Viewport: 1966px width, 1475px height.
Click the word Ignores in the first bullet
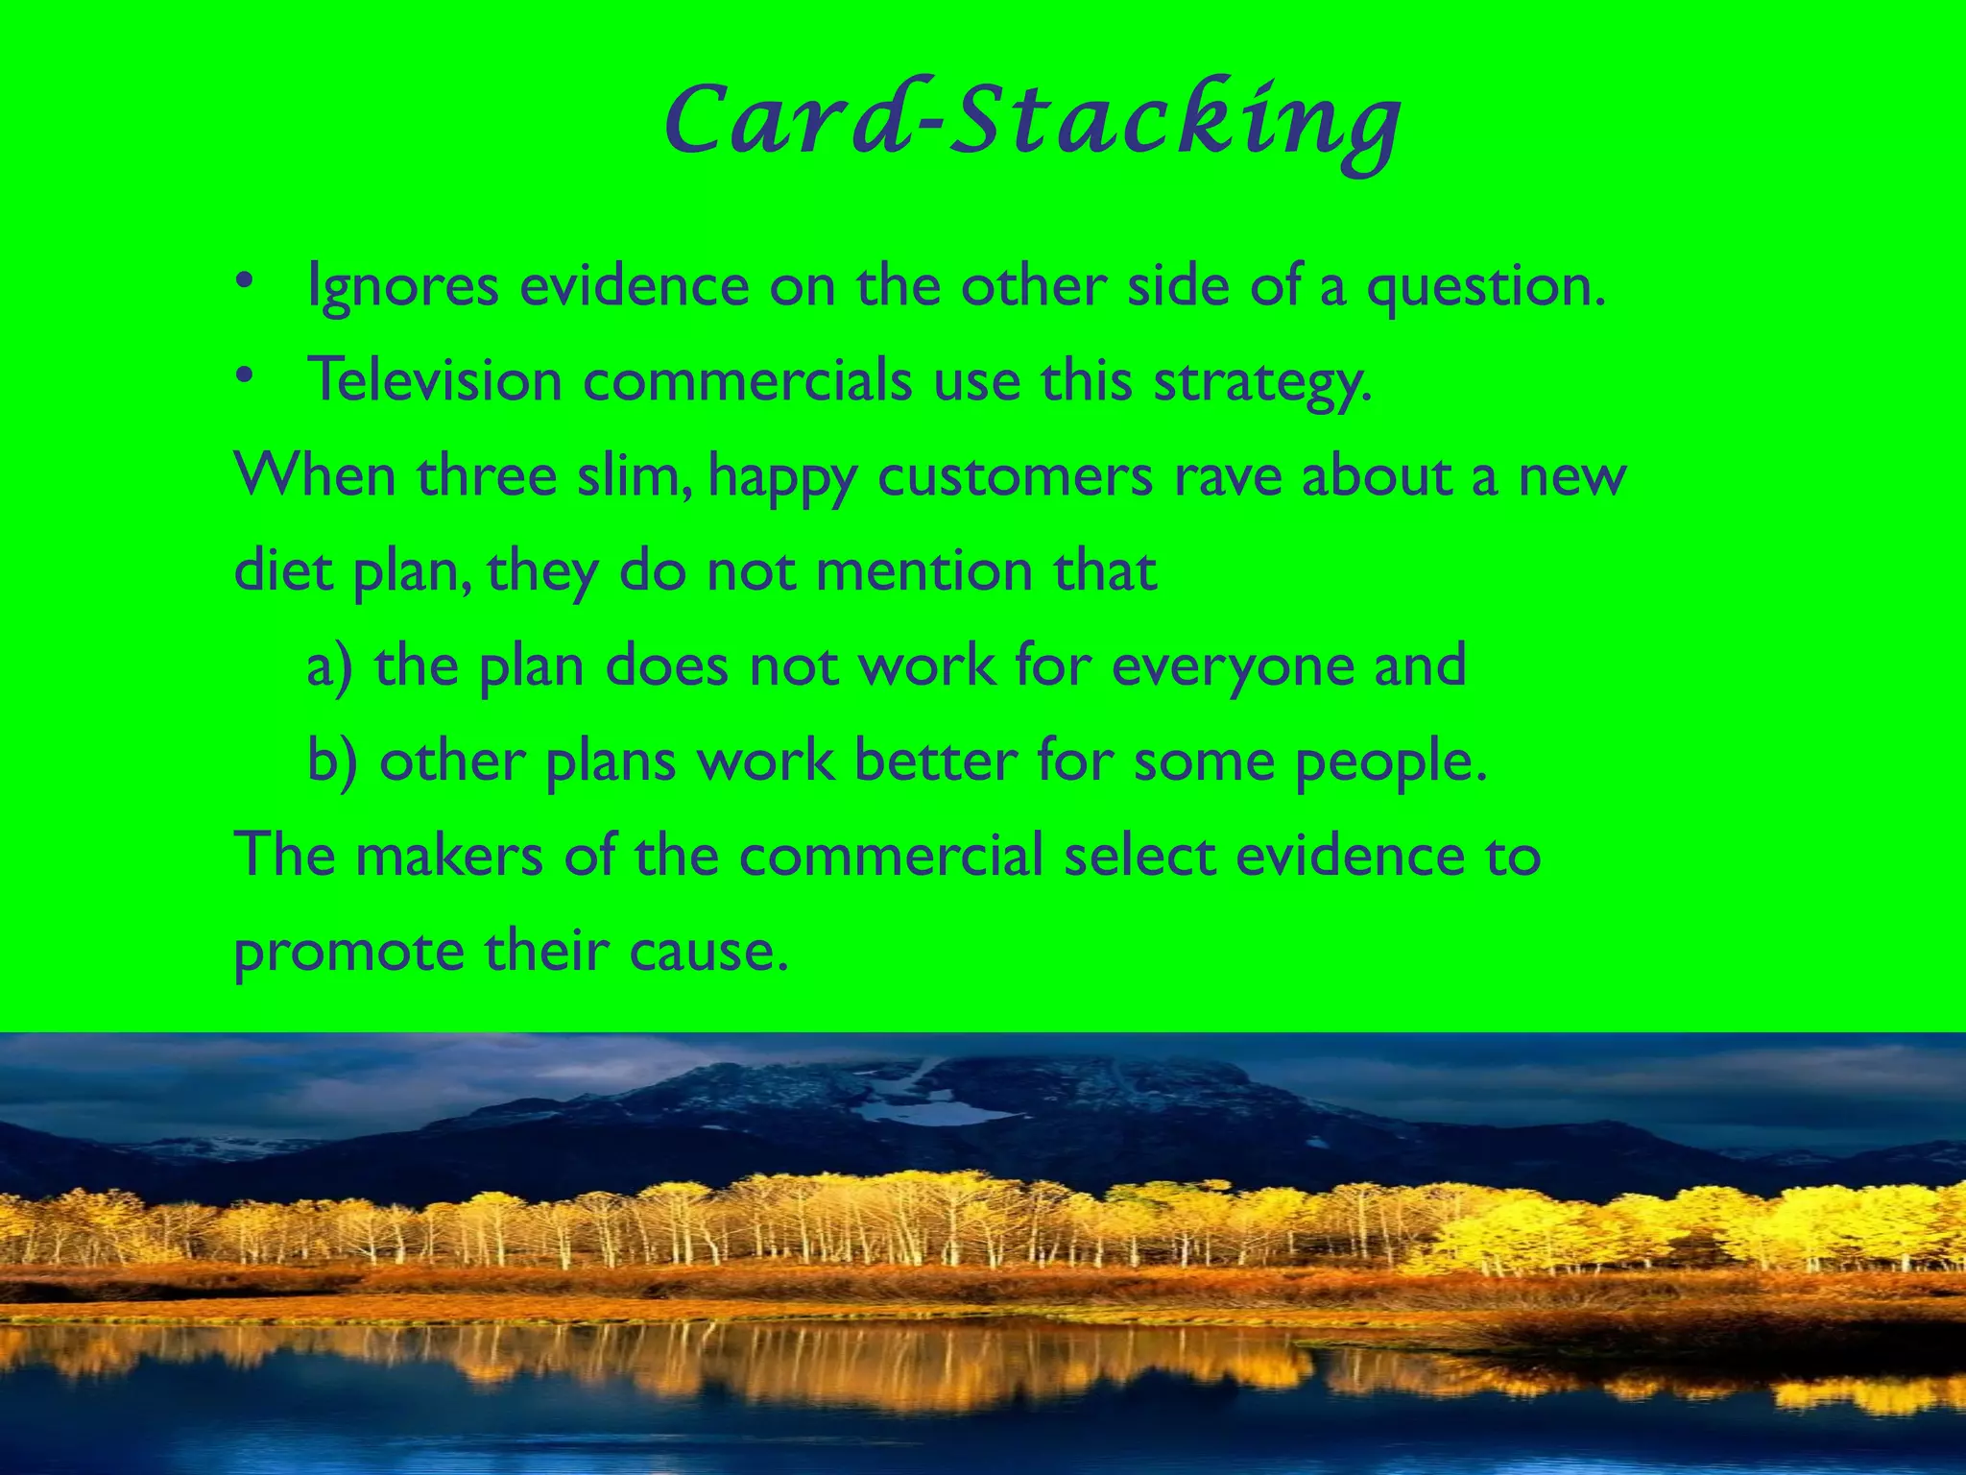click(402, 286)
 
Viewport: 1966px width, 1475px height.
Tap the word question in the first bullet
click(1485, 286)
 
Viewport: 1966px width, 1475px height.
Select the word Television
click(434, 379)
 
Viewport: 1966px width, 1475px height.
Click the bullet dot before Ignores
click(245, 282)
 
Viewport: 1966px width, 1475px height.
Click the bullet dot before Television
click(245, 375)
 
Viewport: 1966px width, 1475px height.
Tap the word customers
click(1015, 477)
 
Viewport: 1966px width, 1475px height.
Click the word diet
click(282, 570)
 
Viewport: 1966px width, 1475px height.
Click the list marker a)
click(329, 665)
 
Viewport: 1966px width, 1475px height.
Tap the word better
click(935, 761)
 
